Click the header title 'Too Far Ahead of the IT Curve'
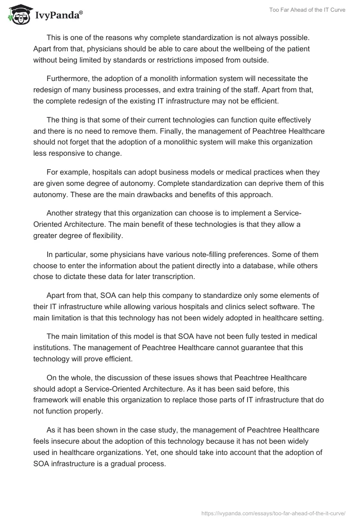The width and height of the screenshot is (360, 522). [x=307, y=10]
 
